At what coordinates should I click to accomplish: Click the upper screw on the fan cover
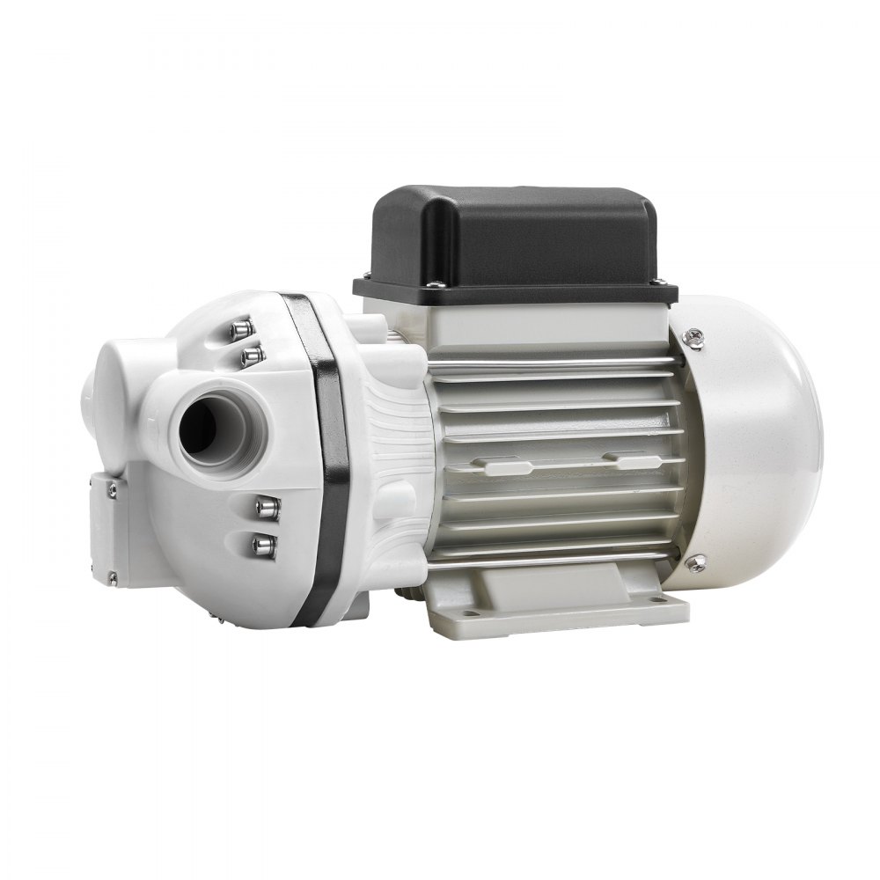click(x=693, y=334)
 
